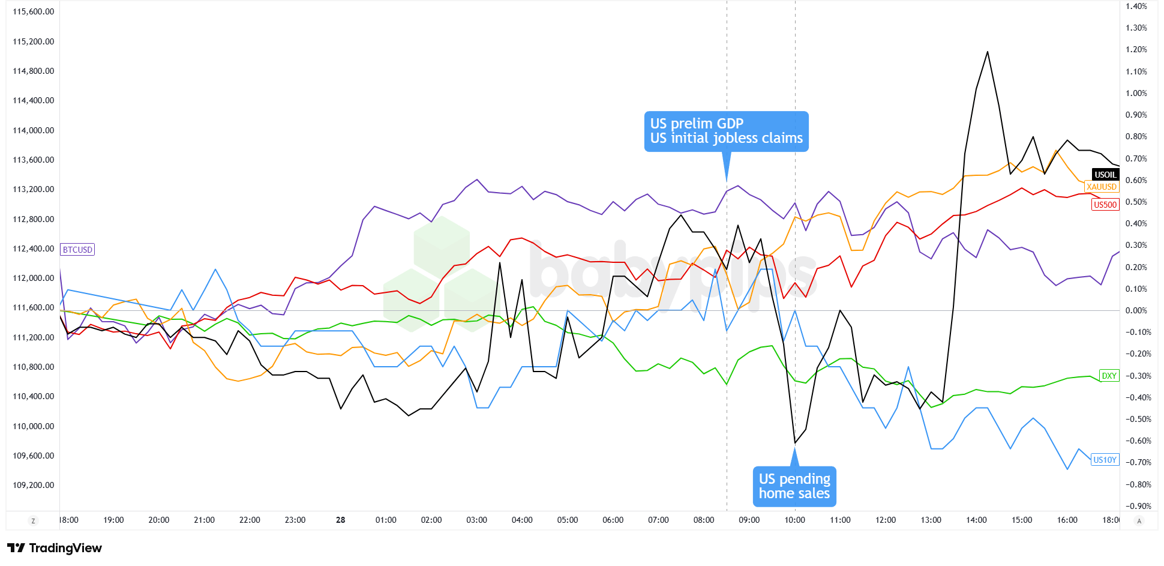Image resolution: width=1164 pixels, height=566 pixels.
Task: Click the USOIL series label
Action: tap(1105, 175)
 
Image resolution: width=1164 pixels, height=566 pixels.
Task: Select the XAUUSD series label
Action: tap(1102, 187)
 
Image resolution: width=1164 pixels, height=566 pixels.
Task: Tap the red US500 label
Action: tap(1105, 205)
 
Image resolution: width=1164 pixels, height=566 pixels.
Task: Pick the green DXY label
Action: tap(1109, 376)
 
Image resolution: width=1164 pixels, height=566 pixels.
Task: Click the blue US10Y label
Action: tap(1105, 460)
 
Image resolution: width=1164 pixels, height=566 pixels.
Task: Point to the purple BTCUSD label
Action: tap(77, 250)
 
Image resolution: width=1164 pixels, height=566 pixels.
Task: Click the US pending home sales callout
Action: tap(794, 486)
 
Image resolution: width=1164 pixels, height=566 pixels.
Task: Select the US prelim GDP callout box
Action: tap(726, 131)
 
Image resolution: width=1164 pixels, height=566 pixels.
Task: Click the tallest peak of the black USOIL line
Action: tap(988, 52)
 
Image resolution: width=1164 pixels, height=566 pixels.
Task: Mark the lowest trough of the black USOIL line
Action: tap(795, 443)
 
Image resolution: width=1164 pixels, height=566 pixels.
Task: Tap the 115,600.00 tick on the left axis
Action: tap(34, 11)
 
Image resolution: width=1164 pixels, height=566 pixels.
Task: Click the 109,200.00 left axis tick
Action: tap(34, 485)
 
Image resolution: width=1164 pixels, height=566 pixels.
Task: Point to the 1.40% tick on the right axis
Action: tap(1136, 6)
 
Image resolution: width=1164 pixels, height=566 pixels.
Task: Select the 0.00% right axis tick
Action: tap(1136, 310)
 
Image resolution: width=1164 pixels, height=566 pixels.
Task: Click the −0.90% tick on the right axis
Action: tap(1136, 506)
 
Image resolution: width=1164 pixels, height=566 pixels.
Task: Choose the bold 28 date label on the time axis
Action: tap(340, 520)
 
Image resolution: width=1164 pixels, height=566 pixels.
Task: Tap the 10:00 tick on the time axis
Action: tap(794, 520)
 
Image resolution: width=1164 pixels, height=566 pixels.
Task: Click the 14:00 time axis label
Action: tap(976, 520)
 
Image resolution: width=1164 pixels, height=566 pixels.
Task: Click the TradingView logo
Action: tap(55, 547)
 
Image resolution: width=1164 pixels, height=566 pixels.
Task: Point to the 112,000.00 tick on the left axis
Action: tap(34, 278)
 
